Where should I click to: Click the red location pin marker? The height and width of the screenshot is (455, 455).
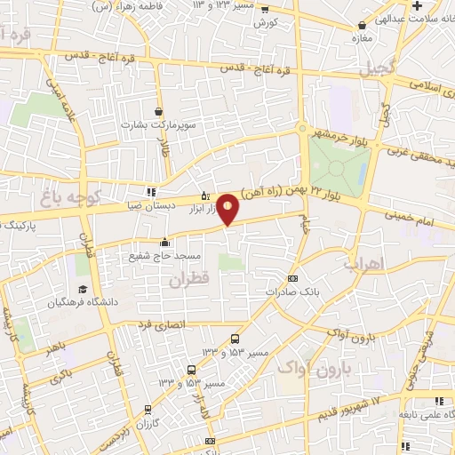click(x=228, y=209)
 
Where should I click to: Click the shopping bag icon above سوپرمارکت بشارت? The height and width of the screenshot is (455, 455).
click(x=159, y=112)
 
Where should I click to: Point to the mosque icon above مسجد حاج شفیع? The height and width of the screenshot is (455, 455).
click(x=164, y=242)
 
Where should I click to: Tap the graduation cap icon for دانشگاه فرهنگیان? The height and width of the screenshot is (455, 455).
click(x=83, y=290)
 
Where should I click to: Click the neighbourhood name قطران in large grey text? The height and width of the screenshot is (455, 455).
click(x=188, y=280)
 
